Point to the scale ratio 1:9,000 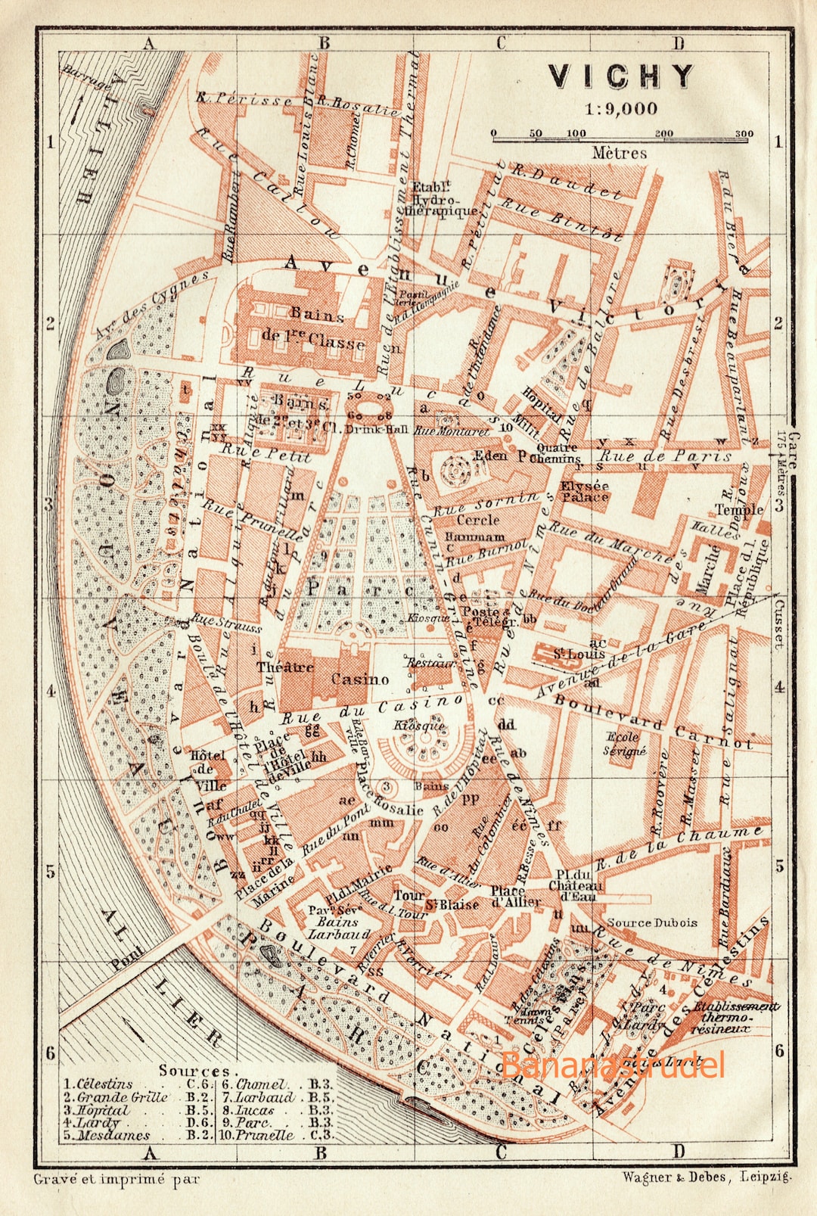620,109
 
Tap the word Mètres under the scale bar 620,153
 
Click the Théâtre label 284,667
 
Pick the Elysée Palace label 584,492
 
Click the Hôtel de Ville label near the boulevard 207,770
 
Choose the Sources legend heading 194,1071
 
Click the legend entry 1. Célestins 98,1084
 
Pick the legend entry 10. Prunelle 257,1135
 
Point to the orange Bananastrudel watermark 613,1065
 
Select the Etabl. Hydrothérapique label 443,199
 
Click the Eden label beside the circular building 513,456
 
